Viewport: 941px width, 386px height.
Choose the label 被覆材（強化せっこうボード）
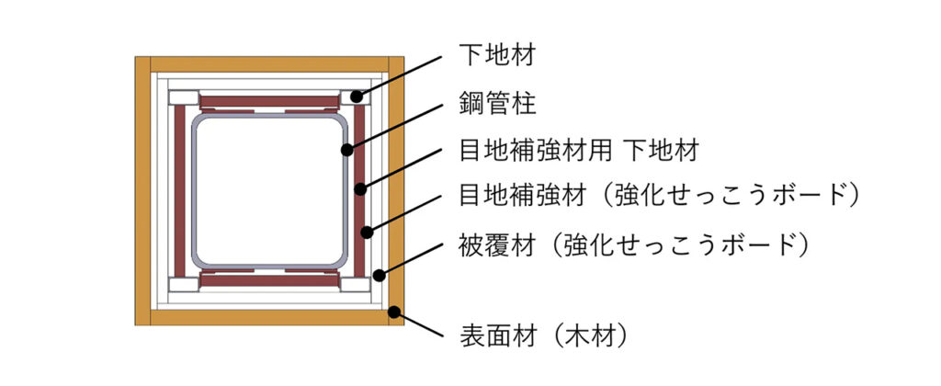click(x=634, y=245)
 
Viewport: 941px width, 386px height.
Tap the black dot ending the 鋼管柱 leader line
click(x=346, y=148)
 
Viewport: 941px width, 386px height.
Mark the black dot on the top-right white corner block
click(x=354, y=96)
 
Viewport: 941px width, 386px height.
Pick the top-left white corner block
click(x=184, y=97)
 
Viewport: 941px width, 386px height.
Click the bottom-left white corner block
click(x=184, y=283)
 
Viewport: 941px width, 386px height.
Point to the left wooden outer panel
click(x=142, y=190)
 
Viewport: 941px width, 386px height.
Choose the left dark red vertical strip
click(x=179, y=190)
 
